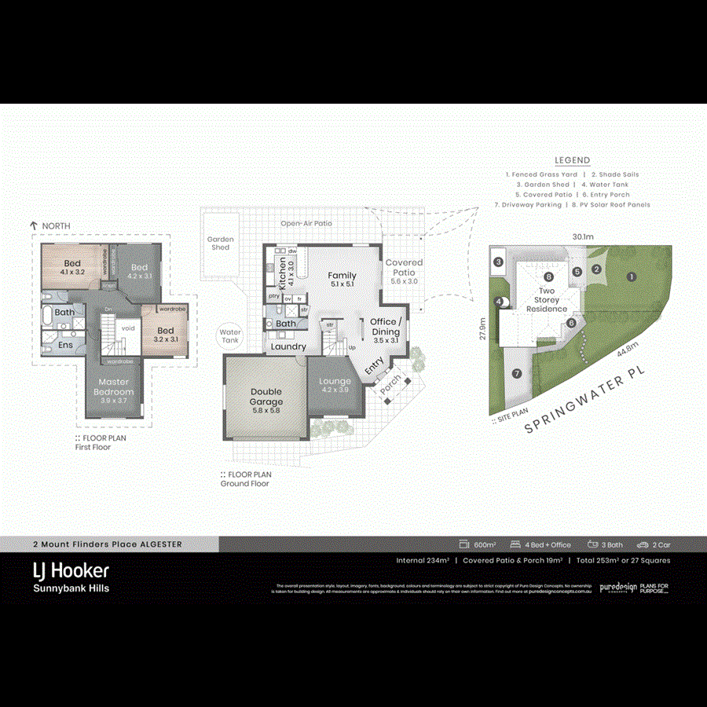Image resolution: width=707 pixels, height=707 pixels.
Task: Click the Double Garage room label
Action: pos(266,397)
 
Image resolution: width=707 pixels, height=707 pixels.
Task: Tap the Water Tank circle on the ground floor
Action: pos(230,336)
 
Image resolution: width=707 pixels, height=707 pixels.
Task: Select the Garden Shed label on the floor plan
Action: pos(221,243)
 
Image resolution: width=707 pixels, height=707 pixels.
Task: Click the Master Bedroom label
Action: pos(115,386)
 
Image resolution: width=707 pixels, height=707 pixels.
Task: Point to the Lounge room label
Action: pos(335,385)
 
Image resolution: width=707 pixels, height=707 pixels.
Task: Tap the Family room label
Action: pos(342,280)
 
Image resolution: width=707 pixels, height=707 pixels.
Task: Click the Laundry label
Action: pos(288,346)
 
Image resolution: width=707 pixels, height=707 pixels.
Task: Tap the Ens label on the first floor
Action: pos(65,344)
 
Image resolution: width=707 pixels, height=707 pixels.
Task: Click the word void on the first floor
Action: pos(128,328)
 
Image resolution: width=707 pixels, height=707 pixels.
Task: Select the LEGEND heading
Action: pos(572,160)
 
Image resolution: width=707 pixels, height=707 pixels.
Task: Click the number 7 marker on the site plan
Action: pos(516,374)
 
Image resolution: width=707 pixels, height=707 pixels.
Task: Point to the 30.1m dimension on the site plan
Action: pos(582,236)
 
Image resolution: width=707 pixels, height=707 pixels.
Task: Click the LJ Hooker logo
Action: pos(71,570)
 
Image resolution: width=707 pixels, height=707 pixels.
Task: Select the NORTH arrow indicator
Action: pos(34,225)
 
